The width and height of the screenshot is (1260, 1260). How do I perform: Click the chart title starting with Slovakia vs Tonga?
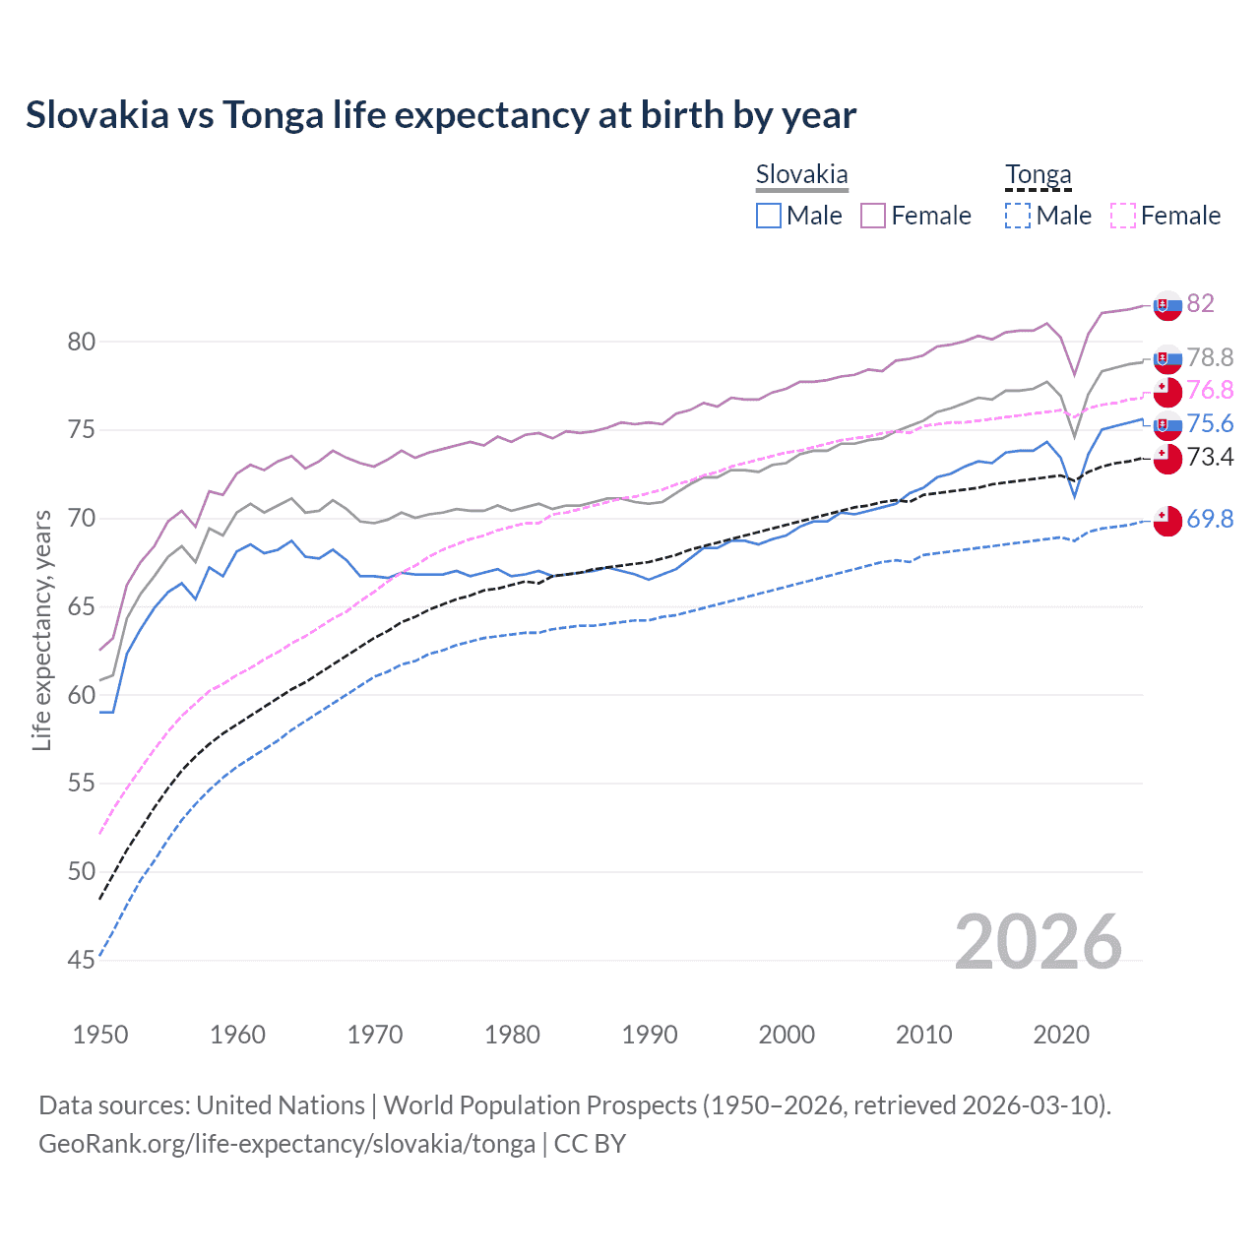[x=441, y=115]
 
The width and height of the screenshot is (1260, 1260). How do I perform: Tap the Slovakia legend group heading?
[x=801, y=174]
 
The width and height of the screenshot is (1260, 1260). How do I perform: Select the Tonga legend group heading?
[x=1038, y=174]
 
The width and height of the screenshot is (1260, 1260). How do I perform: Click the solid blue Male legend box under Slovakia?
[x=769, y=216]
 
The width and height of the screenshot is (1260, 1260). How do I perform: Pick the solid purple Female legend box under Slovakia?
[x=873, y=216]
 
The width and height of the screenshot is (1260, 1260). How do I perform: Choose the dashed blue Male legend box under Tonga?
[x=1018, y=216]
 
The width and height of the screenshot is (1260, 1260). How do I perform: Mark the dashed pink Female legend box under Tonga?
[x=1122, y=216]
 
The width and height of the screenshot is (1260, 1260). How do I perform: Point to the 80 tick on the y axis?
[x=81, y=342]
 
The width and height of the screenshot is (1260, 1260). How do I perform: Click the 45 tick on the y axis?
[x=81, y=960]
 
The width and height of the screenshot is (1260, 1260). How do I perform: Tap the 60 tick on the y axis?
[x=81, y=695]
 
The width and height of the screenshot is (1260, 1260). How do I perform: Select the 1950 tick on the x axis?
[x=100, y=1035]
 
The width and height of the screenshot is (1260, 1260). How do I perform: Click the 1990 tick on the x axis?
[x=650, y=1035]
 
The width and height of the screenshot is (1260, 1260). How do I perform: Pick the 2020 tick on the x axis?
[x=1061, y=1035]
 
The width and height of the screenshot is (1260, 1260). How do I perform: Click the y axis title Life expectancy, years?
[x=42, y=630]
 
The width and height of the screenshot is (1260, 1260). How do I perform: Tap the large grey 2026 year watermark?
[x=1038, y=942]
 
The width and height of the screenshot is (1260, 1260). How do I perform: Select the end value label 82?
[x=1200, y=303]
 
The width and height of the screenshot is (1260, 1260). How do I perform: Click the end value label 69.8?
[x=1210, y=519]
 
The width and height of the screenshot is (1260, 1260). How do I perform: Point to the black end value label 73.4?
[x=1210, y=457]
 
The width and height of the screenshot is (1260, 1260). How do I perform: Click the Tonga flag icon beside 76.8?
[x=1166, y=392]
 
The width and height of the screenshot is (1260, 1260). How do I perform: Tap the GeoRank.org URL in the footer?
[x=286, y=1144]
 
